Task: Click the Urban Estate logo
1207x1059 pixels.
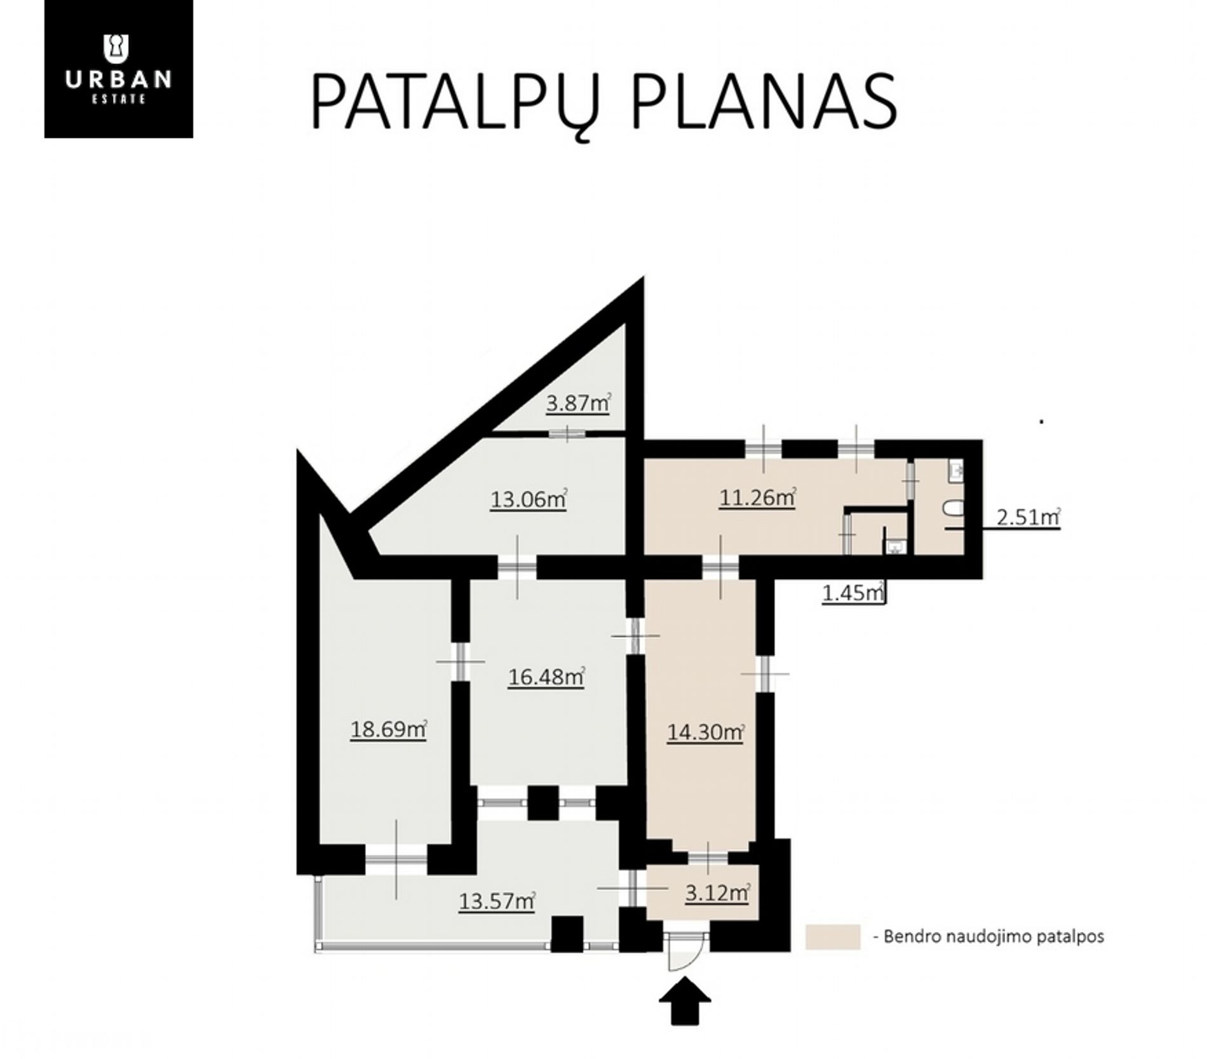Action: click(119, 69)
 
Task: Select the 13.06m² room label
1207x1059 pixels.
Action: click(528, 500)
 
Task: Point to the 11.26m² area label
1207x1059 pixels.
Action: click(757, 498)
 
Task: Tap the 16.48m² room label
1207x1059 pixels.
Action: click(546, 678)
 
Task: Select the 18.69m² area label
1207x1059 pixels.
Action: click(388, 729)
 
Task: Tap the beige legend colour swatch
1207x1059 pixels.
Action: click(832, 936)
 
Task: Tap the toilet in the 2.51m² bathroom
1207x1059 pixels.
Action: click(954, 509)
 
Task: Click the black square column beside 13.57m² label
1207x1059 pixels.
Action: click(567, 933)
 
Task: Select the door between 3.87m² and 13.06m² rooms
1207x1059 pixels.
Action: click(567, 434)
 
